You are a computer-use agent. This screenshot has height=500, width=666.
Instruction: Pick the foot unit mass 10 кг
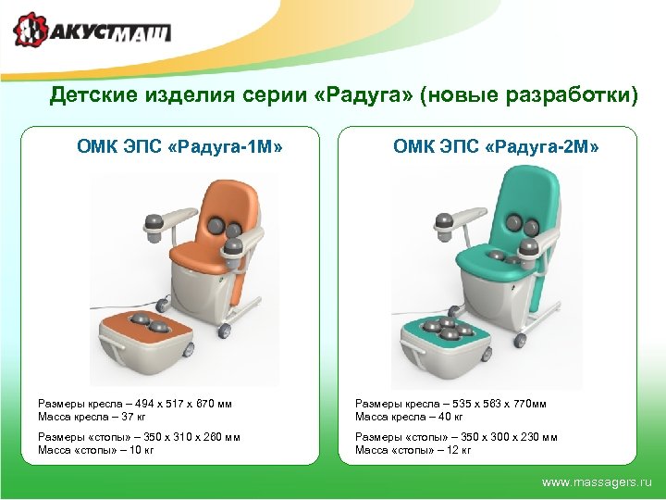click(140, 450)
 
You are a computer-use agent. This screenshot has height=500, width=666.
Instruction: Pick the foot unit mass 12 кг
click(458, 450)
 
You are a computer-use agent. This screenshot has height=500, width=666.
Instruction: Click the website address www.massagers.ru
click(597, 482)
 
